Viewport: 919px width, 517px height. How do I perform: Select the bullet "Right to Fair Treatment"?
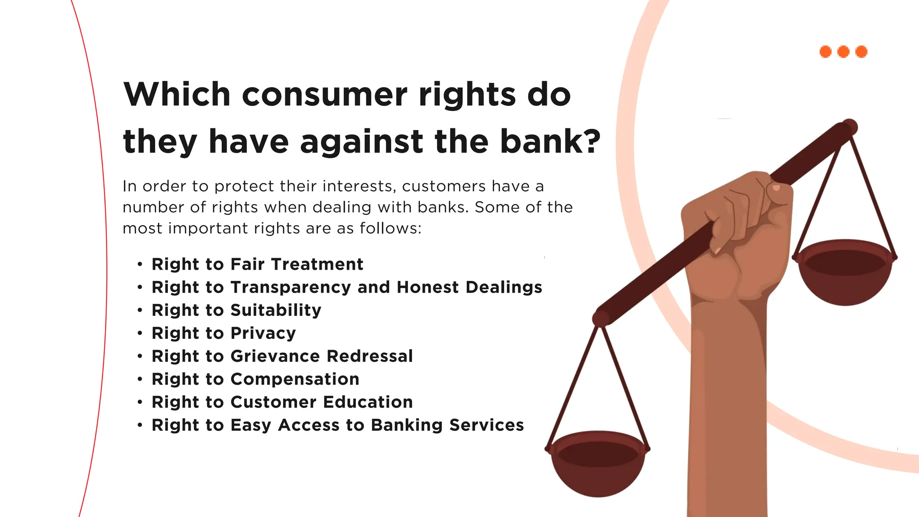(x=257, y=264)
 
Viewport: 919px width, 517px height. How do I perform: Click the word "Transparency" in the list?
(x=290, y=287)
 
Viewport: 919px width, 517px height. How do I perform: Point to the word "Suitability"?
(x=276, y=310)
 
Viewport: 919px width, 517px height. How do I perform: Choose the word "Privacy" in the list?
(x=263, y=333)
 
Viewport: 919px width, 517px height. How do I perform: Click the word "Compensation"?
(x=295, y=379)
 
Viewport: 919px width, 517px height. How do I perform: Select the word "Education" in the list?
(x=368, y=402)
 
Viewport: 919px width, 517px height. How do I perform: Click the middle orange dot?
(x=844, y=52)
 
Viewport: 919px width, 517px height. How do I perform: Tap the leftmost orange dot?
(x=826, y=52)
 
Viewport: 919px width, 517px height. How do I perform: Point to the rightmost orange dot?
(x=862, y=52)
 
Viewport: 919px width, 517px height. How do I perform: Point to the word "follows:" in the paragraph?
(x=390, y=228)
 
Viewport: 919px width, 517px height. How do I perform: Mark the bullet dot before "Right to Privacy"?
(x=140, y=333)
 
